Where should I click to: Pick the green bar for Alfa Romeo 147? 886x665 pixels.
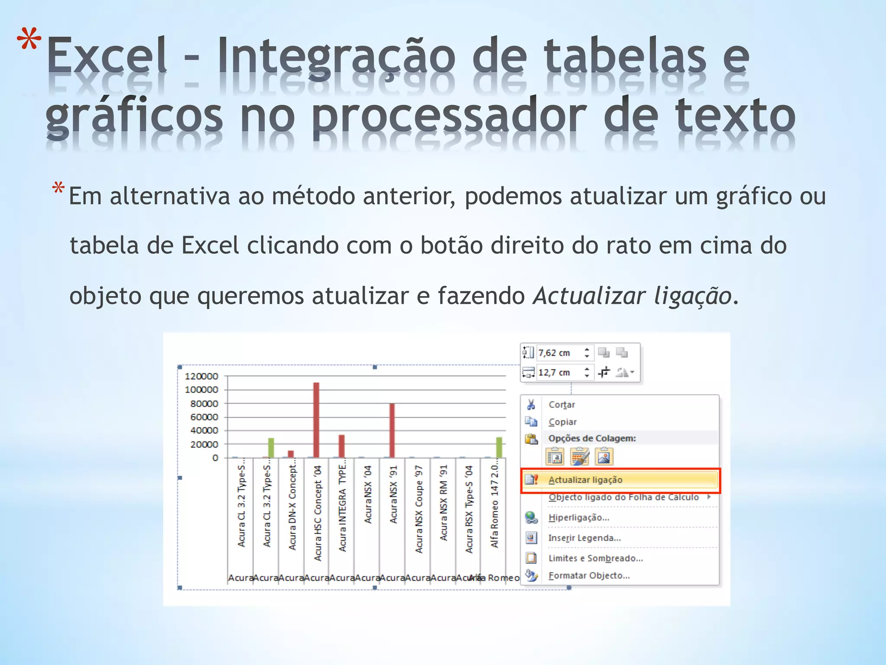click(x=499, y=447)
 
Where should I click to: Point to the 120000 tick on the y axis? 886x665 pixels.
click(x=201, y=376)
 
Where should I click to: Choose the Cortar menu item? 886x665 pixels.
click(x=562, y=405)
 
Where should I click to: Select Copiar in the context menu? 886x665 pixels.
click(x=562, y=422)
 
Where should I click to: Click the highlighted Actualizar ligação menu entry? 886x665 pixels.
click(x=585, y=480)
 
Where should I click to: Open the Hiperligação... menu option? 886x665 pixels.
click(x=578, y=518)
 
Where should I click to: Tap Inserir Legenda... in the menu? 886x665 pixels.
click(x=584, y=538)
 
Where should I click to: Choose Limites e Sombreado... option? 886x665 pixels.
click(x=595, y=558)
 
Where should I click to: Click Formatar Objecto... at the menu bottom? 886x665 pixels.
click(x=588, y=576)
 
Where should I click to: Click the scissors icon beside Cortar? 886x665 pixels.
click(x=531, y=405)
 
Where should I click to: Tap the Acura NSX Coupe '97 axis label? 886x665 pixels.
click(x=418, y=509)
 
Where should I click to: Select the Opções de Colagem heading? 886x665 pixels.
click(x=592, y=438)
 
